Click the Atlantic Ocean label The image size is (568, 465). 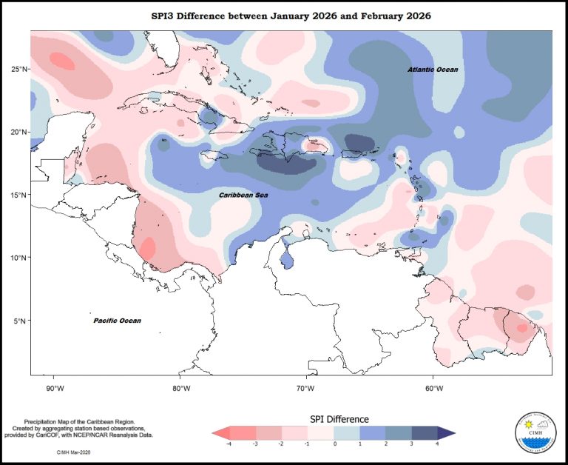pyautogui.click(x=433, y=70)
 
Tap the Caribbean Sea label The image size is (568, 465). pyautogui.click(x=243, y=195)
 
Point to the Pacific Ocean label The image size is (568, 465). pyautogui.click(x=117, y=321)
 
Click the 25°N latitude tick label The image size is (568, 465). pyautogui.click(x=18, y=69)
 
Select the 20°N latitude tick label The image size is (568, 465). pyautogui.click(x=18, y=132)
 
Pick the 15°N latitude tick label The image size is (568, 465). pyautogui.click(x=18, y=195)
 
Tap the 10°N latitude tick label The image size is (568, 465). pyautogui.click(x=18, y=258)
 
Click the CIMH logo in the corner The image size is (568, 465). pyautogui.click(x=535, y=432)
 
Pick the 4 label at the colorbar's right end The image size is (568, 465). pyautogui.click(x=436, y=444)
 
